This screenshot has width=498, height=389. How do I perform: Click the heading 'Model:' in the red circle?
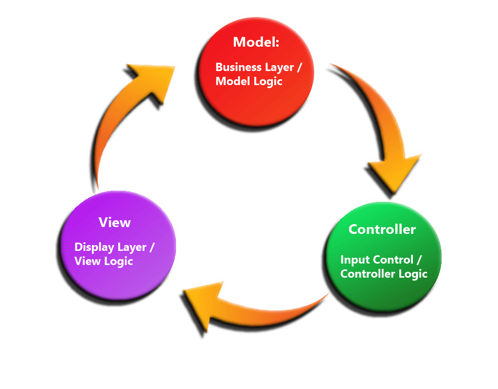click(x=256, y=42)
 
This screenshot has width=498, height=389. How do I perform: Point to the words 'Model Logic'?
click(x=249, y=81)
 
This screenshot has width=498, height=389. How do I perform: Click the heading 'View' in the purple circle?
click(x=115, y=223)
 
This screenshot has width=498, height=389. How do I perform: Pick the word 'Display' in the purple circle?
click(x=92, y=247)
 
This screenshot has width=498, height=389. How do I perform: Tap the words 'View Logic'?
click(x=104, y=261)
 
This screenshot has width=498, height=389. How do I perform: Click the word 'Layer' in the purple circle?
click(x=131, y=247)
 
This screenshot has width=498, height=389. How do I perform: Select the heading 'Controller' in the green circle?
click(x=382, y=230)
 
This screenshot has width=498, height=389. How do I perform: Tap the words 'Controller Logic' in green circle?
click(x=384, y=274)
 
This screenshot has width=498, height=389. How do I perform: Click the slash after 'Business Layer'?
click(x=298, y=67)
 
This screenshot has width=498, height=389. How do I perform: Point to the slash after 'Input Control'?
click(x=421, y=260)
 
